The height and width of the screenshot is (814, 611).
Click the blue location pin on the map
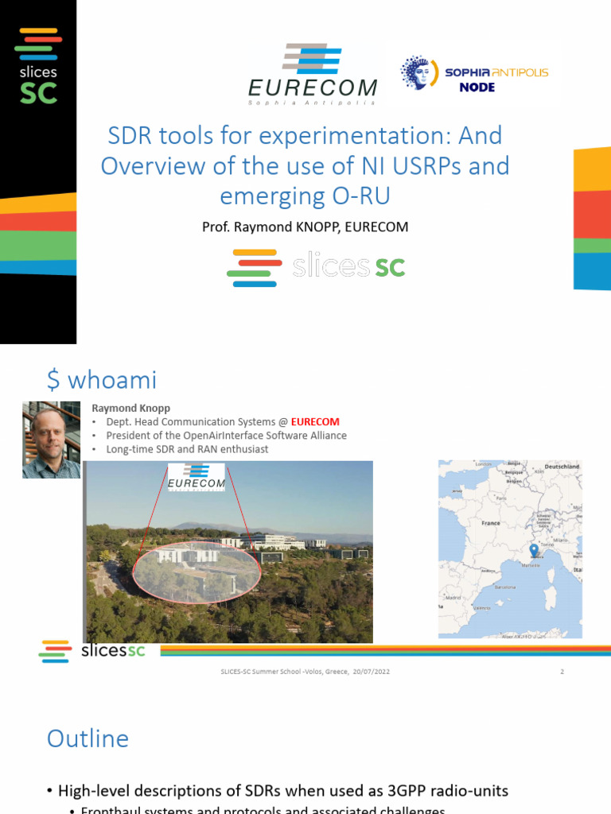pos(533,550)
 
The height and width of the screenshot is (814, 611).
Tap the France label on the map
pos(490,523)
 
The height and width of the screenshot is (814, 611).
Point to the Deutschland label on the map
pos(561,467)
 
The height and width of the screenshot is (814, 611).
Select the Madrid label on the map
pos(453,597)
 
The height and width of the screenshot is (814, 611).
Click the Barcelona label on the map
pos(505,587)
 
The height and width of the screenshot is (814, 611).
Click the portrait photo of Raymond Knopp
pos(51,440)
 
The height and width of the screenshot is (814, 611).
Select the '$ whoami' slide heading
pos(102,380)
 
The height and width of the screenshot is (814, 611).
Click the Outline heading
pos(88,738)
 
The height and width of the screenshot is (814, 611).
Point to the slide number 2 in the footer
pos(562,672)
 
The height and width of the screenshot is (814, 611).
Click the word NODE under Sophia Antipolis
pos(477,87)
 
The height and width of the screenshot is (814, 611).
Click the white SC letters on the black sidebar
pos(38,93)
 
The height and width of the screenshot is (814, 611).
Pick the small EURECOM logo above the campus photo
pos(196,479)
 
